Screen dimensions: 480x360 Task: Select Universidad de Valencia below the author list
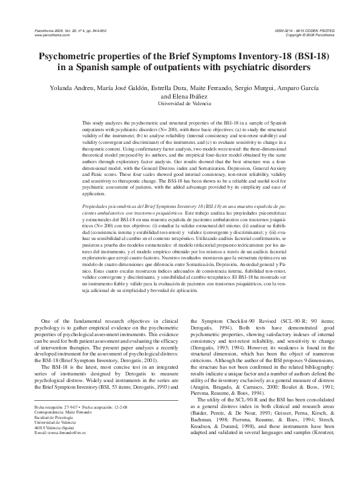180,103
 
